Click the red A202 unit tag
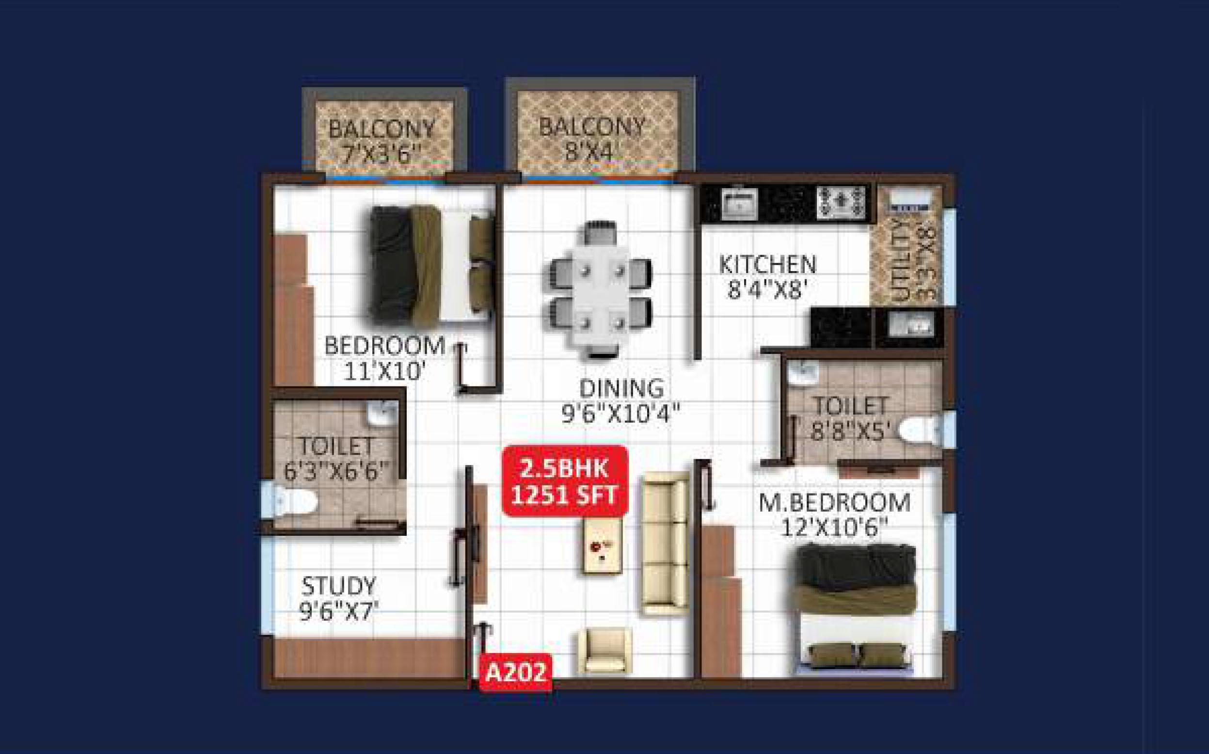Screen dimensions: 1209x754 click(x=515, y=672)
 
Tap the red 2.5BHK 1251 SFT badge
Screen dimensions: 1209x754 click(x=565, y=481)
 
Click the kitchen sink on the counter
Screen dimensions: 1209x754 click(x=739, y=203)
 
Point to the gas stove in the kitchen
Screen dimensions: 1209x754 click(x=841, y=202)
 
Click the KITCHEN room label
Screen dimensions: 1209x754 click(x=768, y=264)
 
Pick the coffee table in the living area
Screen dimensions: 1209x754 click(x=603, y=546)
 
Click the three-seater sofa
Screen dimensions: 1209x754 click(x=665, y=543)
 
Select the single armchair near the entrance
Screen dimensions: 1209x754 click(x=605, y=651)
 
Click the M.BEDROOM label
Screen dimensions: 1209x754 click(x=835, y=503)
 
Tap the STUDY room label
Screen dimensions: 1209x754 click(x=338, y=586)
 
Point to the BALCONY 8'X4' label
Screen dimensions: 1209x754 click(x=591, y=138)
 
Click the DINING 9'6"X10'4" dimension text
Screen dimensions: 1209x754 click(x=621, y=414)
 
